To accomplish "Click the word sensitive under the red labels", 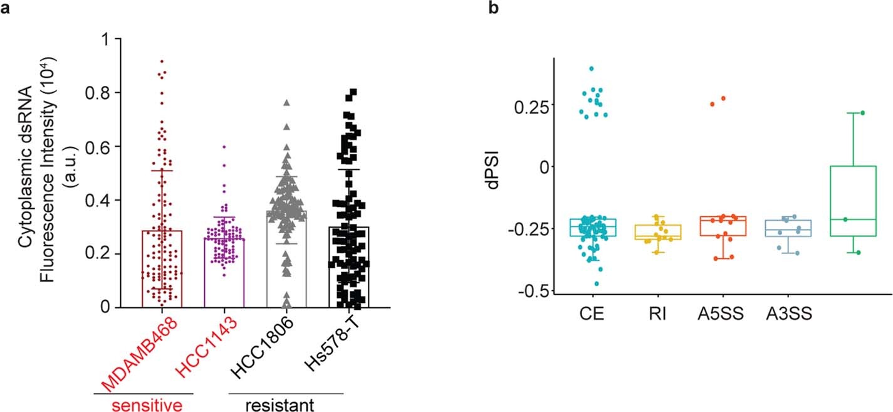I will (x=142, y=404).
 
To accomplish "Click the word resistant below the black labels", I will (x=285, y=404).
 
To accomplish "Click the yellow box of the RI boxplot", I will (x=655, y=232).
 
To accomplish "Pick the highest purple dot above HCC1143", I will (x=224, y=147).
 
